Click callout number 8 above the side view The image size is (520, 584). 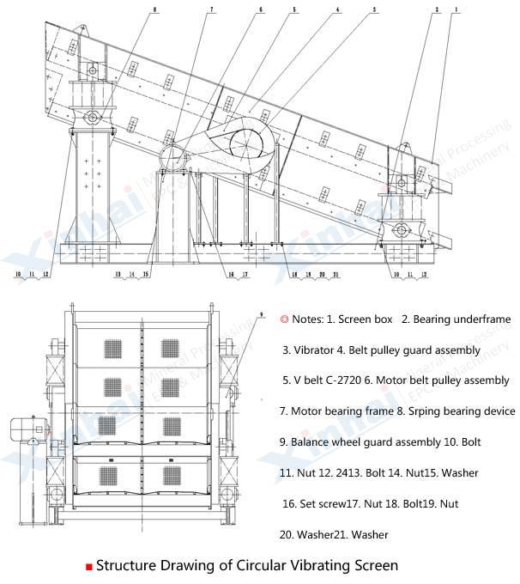tap(154, 9)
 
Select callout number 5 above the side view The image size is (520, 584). tap(294, 9)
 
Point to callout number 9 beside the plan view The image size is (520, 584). tap(260, 317)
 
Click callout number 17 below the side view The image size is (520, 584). tap(246, 275)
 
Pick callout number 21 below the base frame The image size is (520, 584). tap(336, 275)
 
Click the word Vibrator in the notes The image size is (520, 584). tap(316, 350)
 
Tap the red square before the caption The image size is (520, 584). tap(88, 567)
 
